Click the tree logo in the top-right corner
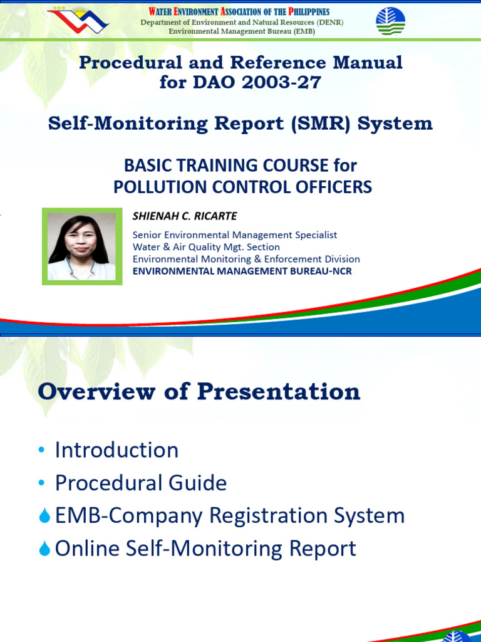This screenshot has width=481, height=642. (x=390, y=21)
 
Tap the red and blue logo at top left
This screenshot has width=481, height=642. (x=78, y=20)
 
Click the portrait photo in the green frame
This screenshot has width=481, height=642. (x=81, y=246)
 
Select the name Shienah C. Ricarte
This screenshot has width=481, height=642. (x=184, y=216)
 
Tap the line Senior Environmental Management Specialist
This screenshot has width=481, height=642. (x=235, y=234)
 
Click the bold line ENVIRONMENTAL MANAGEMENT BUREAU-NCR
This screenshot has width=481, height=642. (x=246, y=271)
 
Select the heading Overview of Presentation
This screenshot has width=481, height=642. (x=199, y=392)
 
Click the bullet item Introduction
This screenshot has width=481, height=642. (x=116, y=450)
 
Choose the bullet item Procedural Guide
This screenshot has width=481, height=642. (x=141, y=483)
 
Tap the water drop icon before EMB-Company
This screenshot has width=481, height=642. (x=44, y=517)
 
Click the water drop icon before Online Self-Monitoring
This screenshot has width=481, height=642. (x=44, y=549)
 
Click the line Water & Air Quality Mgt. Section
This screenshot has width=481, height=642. (x=206, y=247)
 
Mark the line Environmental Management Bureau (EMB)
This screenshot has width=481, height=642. (x=241, y=31)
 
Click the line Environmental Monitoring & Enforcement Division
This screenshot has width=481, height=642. (x=246, y=259)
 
